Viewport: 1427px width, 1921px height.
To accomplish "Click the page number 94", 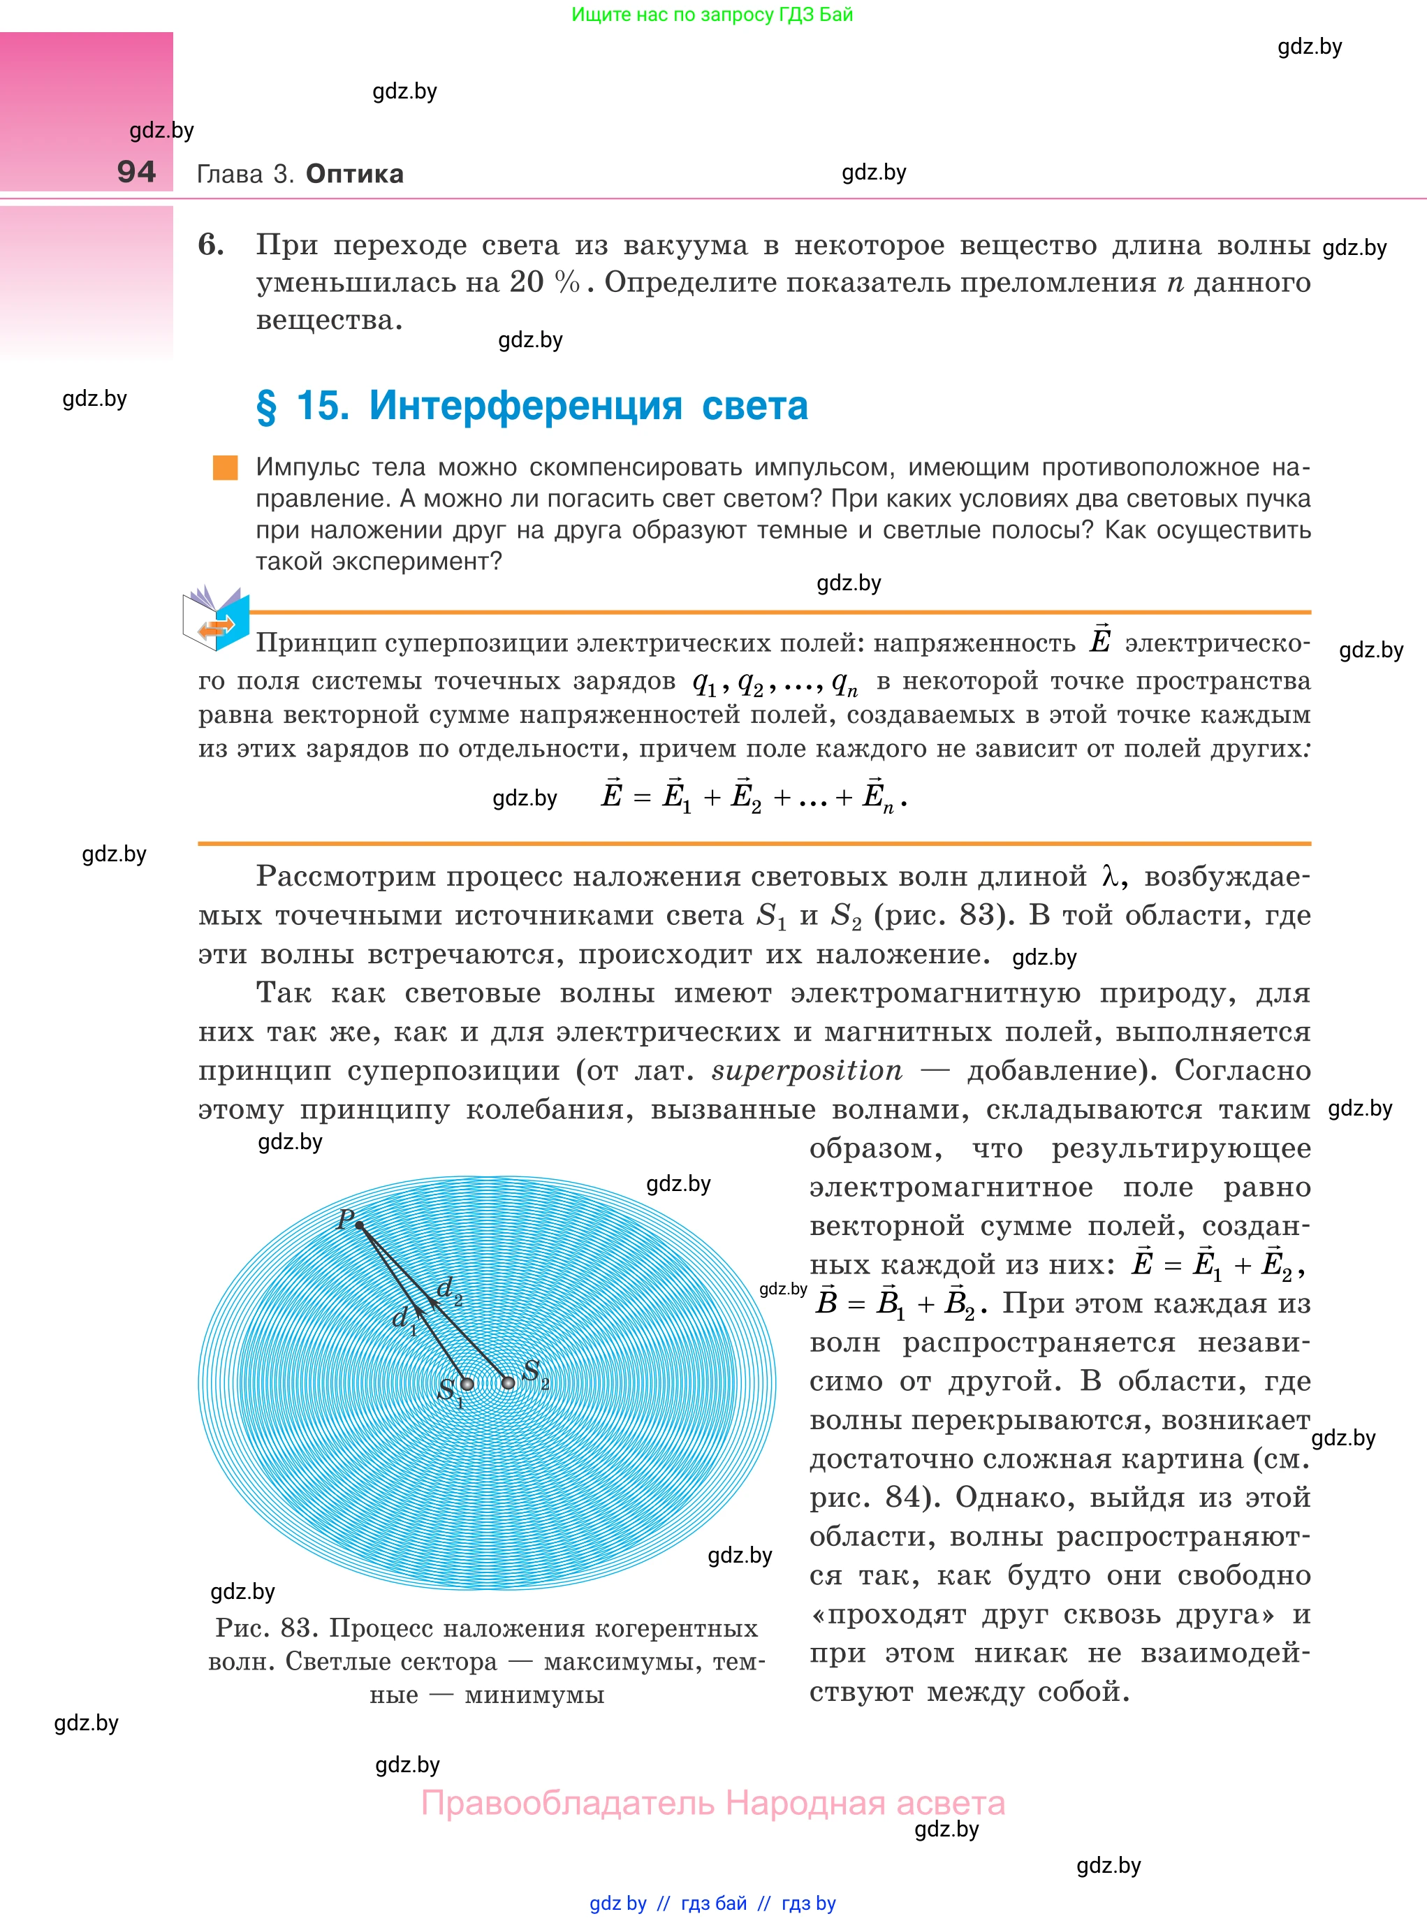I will (x=136, y=172).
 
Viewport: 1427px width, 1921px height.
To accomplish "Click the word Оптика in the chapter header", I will (x=354, y=174).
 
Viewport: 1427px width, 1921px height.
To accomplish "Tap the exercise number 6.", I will (x=210, y=244).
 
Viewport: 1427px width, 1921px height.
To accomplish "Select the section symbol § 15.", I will (x=302, y=405).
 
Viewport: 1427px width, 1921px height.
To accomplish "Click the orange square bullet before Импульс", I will (x=226, y=467).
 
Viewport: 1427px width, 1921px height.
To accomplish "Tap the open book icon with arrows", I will (x=216, y=618).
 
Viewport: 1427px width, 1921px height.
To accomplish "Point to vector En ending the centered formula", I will (x=877, y=796).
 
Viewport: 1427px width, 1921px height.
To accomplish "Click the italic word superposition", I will (x=807, y=1070).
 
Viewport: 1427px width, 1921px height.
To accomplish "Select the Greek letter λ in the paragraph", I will (x=1111, y=877).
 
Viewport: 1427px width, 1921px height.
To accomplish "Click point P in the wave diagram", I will (x=359, y=1225).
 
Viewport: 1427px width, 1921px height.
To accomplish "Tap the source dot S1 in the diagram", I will (x=467, y=1384).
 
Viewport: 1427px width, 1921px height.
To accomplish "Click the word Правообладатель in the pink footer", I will (x=568, y=1804).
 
